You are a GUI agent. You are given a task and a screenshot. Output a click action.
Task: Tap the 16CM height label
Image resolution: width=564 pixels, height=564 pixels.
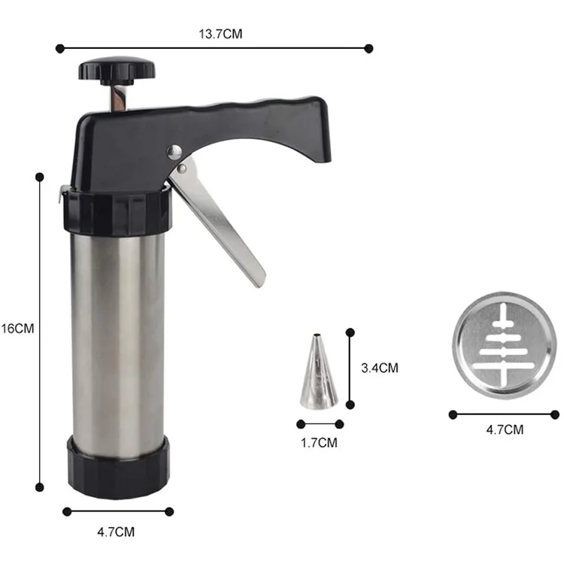click(x=18, y=329)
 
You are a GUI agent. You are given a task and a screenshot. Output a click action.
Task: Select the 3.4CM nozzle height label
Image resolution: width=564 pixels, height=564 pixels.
click(x=379, y=368)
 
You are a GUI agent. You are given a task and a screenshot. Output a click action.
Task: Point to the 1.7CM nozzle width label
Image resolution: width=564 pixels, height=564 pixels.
click(x=319, y=442)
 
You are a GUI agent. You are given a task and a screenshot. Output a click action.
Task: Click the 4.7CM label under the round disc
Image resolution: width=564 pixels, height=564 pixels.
click(x=504, y=429)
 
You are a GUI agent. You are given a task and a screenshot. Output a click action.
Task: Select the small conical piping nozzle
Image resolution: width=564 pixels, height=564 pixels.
click(x=318, y=371)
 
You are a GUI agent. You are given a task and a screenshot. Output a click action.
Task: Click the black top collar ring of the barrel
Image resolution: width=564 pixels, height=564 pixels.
click(x=117, y=212)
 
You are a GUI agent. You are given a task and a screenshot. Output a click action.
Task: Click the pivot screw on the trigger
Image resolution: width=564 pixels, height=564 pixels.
click(x=175, y=152)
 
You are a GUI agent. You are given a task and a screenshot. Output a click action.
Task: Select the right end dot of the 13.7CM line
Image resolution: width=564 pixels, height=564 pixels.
click(x=368, y=48)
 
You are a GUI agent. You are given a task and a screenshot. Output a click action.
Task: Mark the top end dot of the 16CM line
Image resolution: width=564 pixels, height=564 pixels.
click(x=40, y=177)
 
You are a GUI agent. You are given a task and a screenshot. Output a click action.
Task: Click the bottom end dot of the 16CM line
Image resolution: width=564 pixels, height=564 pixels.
click(x=40, y=487)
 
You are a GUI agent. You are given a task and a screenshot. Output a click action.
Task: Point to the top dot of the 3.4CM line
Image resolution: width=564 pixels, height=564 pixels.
click(x=350, y=331)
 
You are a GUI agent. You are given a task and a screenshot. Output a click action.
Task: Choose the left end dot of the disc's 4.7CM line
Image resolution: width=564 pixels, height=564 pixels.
click(x=453, y=414)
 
